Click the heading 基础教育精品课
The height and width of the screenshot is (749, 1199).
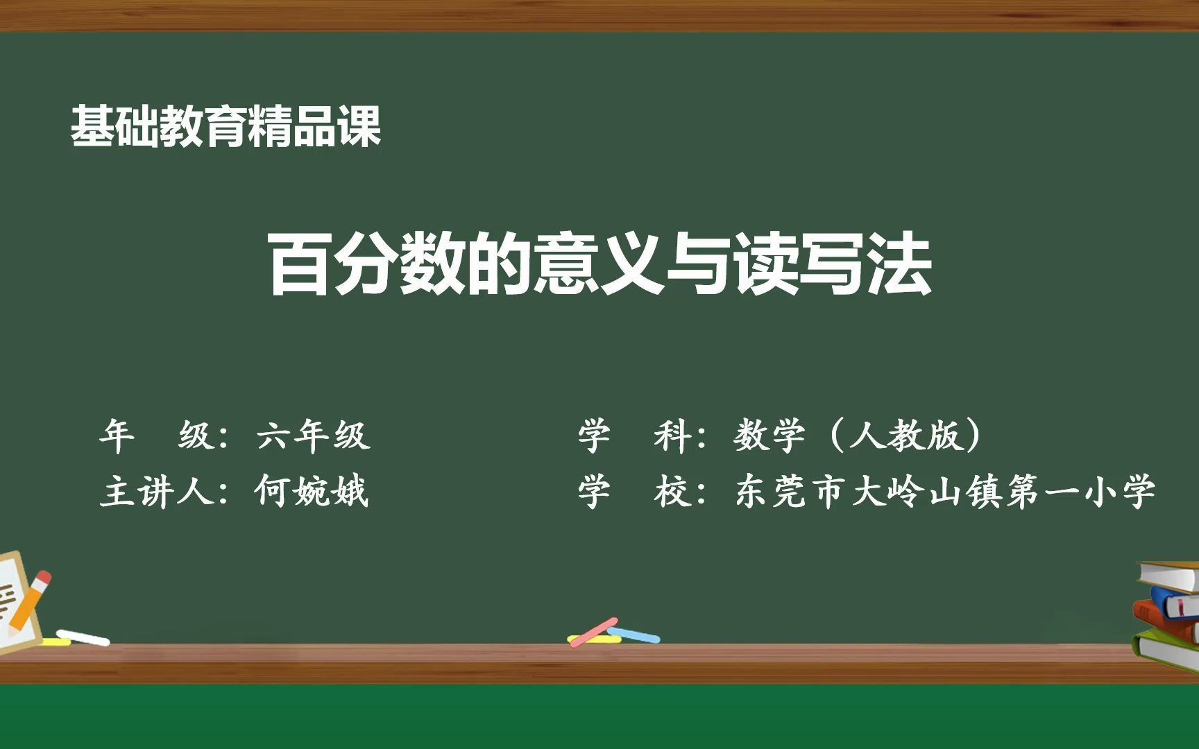[226, 127]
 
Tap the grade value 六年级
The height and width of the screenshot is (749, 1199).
[313, 436]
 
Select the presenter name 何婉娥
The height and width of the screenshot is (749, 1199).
[312, 492]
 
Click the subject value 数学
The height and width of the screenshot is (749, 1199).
[769, 436]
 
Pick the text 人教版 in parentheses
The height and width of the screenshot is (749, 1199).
[905, 436]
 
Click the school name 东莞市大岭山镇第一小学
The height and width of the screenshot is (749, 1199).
[945, 492]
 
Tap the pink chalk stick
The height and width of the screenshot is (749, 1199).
[593, 631]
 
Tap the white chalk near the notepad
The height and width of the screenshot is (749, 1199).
[83, 637]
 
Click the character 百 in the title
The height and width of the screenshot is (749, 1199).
[299, 265]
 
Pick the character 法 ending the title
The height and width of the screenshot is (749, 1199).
[900, 265]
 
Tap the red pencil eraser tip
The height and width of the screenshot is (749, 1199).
[43, 578]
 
